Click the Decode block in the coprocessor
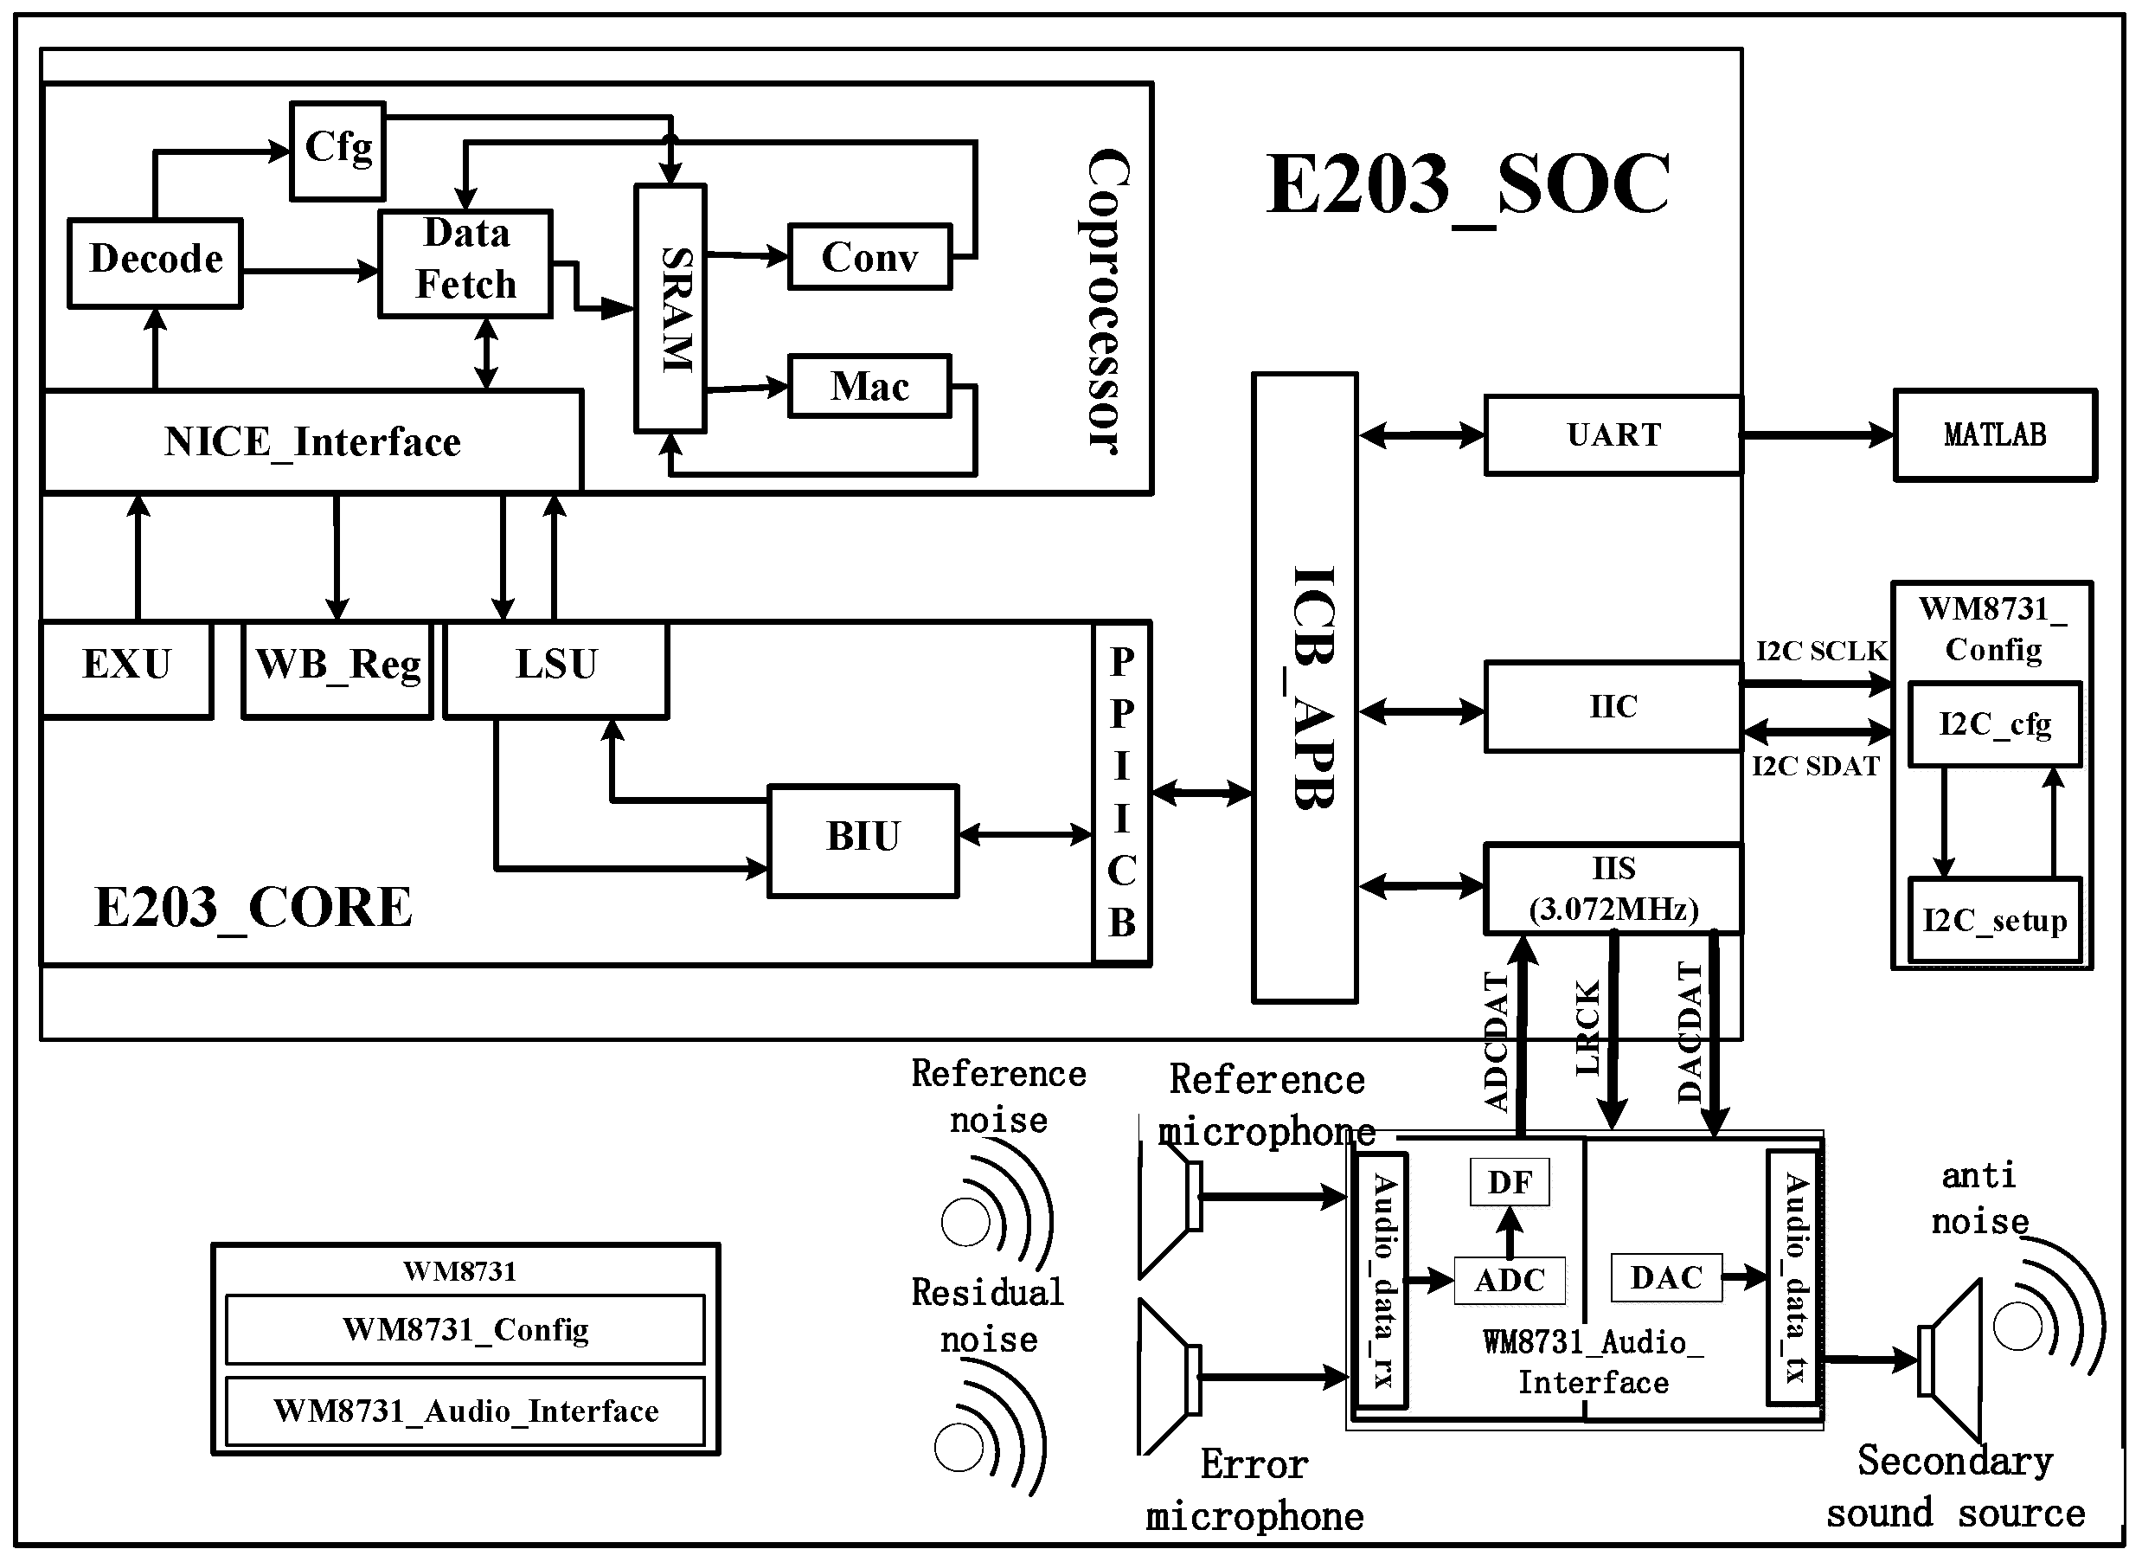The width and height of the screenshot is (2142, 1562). pos(155,262)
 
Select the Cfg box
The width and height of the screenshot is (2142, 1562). pos(337,151)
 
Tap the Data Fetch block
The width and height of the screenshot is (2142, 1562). pos(465,262)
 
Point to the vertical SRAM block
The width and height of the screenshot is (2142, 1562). pos(670,308)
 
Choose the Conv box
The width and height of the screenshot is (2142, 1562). pos(869,256)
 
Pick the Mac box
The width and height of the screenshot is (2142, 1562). pos(869,386)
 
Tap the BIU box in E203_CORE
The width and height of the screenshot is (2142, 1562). pos(863,839)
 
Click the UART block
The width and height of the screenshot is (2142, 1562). pos(1613,435)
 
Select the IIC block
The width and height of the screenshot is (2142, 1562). pos(1613,706)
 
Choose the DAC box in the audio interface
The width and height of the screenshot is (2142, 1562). pos(1665,1277)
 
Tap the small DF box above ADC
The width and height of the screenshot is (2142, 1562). pos(1510,1182)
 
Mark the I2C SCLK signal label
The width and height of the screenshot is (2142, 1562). pos(1820,652)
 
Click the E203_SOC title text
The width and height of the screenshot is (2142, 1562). pos(1468,185)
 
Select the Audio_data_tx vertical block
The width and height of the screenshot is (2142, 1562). pos(1794,1277)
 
